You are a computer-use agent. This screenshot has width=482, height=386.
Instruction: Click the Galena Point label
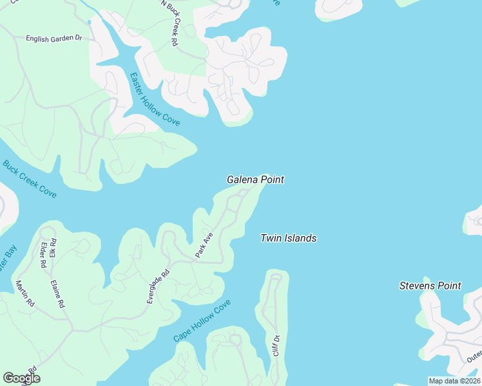(x=255, y=180)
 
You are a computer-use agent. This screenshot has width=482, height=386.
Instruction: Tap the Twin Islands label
(x=288, y=238)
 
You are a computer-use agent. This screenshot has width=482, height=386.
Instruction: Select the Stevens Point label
(x=430, y=286)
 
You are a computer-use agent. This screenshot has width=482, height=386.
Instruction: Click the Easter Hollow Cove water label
(x=155, y=98)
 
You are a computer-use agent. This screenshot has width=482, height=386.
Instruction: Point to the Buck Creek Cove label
(x=29, y=178)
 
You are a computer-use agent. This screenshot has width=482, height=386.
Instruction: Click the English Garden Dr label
(x=54, y=39)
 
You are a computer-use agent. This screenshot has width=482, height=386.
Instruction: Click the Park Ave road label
(x=204, y=246)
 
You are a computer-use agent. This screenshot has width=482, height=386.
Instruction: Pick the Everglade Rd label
(x=157, y=286)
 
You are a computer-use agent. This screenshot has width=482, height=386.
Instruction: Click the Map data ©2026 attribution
(x=455, y=381)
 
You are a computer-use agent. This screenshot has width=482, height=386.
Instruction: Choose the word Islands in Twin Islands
(x=302, y=238)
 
